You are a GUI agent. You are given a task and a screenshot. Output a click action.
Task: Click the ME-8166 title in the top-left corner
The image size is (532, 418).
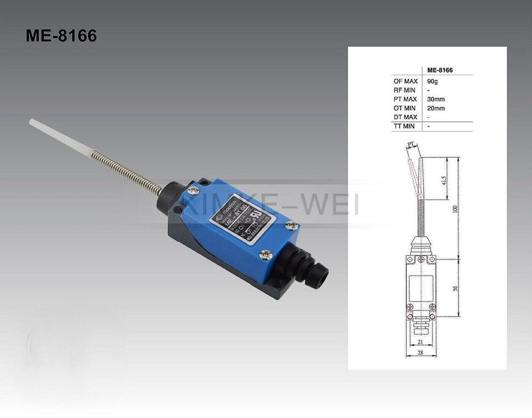pos(61,36)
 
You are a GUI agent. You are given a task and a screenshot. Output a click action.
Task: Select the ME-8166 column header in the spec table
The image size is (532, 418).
pos(440,70)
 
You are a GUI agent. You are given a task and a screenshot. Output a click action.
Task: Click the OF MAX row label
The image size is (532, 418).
pos(405,81)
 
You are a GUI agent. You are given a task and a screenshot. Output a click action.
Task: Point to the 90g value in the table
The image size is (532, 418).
pos(432,81)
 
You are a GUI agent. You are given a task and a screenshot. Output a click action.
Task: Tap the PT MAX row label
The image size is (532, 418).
pos(405,99)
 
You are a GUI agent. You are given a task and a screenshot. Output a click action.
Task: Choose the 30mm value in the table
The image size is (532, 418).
pos(436,99)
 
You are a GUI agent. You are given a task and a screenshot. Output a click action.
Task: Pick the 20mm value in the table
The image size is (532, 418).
pos(436,108)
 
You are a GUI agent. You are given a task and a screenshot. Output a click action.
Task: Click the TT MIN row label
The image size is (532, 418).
pos(405,126)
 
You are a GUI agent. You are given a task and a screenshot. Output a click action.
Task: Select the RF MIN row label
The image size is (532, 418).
pos(405,90)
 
